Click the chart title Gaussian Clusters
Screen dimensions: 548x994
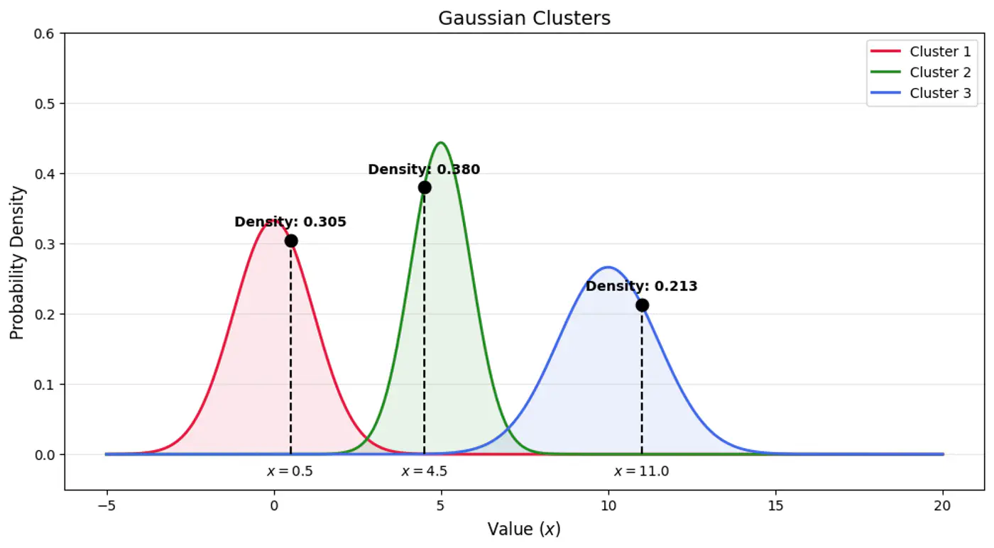524,18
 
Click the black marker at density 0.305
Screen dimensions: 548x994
291,241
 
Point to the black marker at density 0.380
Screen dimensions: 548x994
425,187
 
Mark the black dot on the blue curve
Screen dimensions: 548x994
642,305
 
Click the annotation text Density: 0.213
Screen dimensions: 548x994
641,287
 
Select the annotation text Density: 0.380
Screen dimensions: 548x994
424,170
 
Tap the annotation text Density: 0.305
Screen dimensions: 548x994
290,222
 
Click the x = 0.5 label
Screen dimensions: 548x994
290,471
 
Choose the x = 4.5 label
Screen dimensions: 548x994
424,471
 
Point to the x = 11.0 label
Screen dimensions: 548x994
641,471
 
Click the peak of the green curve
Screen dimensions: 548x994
441,143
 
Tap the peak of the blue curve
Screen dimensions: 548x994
608,268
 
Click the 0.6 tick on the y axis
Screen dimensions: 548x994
50,33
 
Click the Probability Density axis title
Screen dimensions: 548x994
17,263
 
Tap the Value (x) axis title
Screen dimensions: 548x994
524,530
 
